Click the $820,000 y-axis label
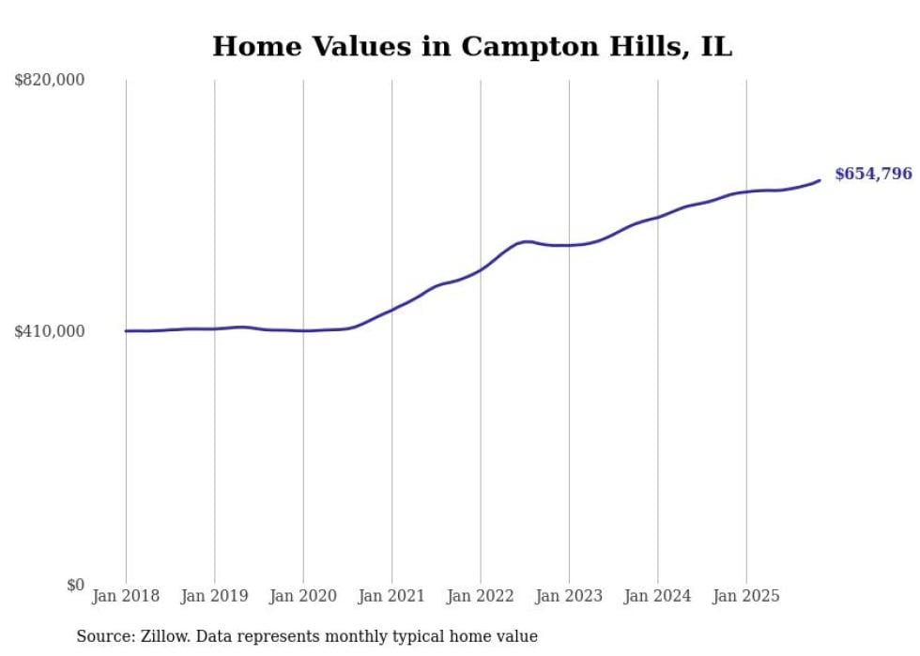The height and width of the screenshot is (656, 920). click(50, 81)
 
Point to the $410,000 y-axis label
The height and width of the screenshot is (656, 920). click(50, 331)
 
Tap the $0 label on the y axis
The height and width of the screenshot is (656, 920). click(74, 585)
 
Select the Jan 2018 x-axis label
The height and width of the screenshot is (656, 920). click(126, 596)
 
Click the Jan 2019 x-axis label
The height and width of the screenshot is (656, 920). click(214, 596)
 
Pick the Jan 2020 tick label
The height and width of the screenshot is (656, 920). click(302, 596)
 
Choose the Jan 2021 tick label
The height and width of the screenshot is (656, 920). click(391, 596)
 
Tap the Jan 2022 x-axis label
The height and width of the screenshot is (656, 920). click(480, 596)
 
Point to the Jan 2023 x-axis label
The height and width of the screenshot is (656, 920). click(569, 596)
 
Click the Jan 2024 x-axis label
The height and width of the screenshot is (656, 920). click(657, 596)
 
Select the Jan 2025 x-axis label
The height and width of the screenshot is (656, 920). click(746, 596)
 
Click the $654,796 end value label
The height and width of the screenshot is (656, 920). click(873, 174)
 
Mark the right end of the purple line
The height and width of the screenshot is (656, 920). click(820, 180)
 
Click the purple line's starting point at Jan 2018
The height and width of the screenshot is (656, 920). click(126, 330)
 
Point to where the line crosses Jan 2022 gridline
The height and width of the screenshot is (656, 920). click(481, 269)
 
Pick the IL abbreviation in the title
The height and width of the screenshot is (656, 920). click(715, 47)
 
